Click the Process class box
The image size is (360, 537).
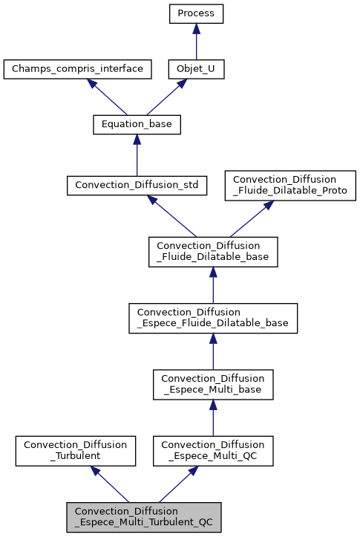coord(196,13)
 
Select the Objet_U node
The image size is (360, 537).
coord(196,70)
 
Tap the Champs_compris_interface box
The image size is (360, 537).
coord(78,70)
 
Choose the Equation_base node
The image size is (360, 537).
coord(137,125)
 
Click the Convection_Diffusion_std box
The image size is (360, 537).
coord(137,185)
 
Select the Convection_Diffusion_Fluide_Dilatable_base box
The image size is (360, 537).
coord(213,251)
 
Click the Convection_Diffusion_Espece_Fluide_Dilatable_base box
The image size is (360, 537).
coord(213,317)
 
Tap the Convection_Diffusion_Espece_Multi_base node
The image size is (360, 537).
coord(213,383)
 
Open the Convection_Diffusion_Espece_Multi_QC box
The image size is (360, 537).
coord(213,449)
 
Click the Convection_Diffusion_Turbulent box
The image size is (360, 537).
coord(76,449)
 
